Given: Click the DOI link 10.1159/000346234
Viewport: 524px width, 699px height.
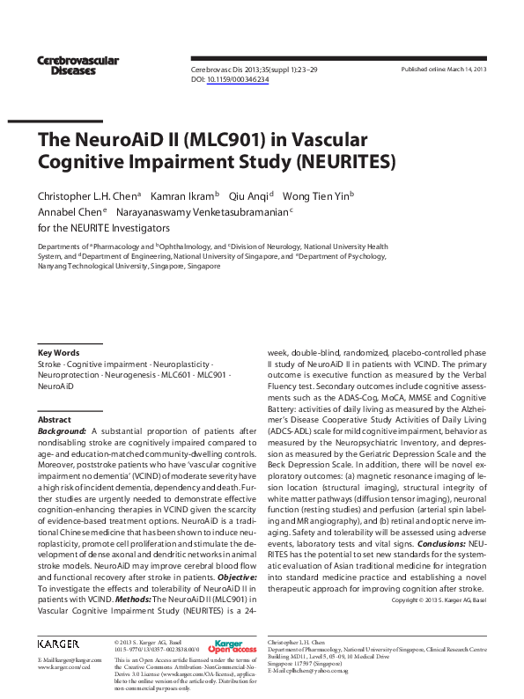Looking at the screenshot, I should [x=237, y=79].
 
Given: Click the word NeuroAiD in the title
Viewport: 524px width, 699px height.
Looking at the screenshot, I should [x=116, y=140].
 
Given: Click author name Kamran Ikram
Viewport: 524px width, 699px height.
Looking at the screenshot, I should [x=181, y=195].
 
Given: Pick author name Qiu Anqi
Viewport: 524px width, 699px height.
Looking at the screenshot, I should [x=249, y=195].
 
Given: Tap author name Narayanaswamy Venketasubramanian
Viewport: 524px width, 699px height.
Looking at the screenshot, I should [x=202, y=212].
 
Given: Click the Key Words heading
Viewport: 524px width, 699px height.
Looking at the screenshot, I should [x=59, y=352].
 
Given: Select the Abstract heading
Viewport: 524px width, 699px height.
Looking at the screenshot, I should [x=55, y=420].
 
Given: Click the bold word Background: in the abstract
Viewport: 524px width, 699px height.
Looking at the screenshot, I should [x=63, y=431].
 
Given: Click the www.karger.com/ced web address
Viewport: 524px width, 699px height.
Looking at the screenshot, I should [x=64, y=667].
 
